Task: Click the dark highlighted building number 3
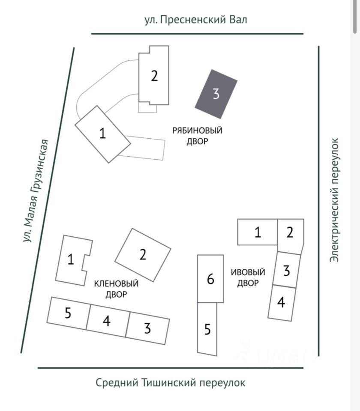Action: [x=216, y=94]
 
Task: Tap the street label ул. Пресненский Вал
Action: [x=196, y=20]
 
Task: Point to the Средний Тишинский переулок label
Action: [x=171, y=382]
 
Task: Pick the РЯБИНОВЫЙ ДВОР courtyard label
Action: [x=197, y=136]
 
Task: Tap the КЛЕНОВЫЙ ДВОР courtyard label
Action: [x=116, y=289]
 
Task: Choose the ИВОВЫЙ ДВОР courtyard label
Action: [x=248, y=277]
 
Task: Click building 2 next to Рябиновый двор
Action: [x=154, y=76]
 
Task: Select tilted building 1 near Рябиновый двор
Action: [x=102, y=133]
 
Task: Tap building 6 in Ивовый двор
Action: [x=210, y=279]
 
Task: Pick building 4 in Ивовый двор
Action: [x=281, y=303]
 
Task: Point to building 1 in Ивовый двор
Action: [x=257, y=232]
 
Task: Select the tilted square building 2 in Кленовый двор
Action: [x=143, y=254]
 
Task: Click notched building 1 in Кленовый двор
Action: [x=71, y=260]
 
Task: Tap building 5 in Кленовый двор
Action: [x=68, y=313]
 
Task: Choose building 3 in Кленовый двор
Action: [x=147, y=329]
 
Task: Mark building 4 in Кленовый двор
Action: [x=107, y=320]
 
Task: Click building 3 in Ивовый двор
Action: [x=287, y=270]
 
